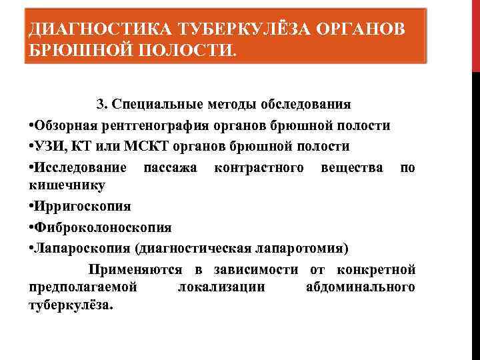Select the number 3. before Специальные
pos(102,105)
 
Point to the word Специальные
pos(153,105)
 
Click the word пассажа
pos(170,167)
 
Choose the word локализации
pos(221,287)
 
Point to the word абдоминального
pos(360,287)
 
